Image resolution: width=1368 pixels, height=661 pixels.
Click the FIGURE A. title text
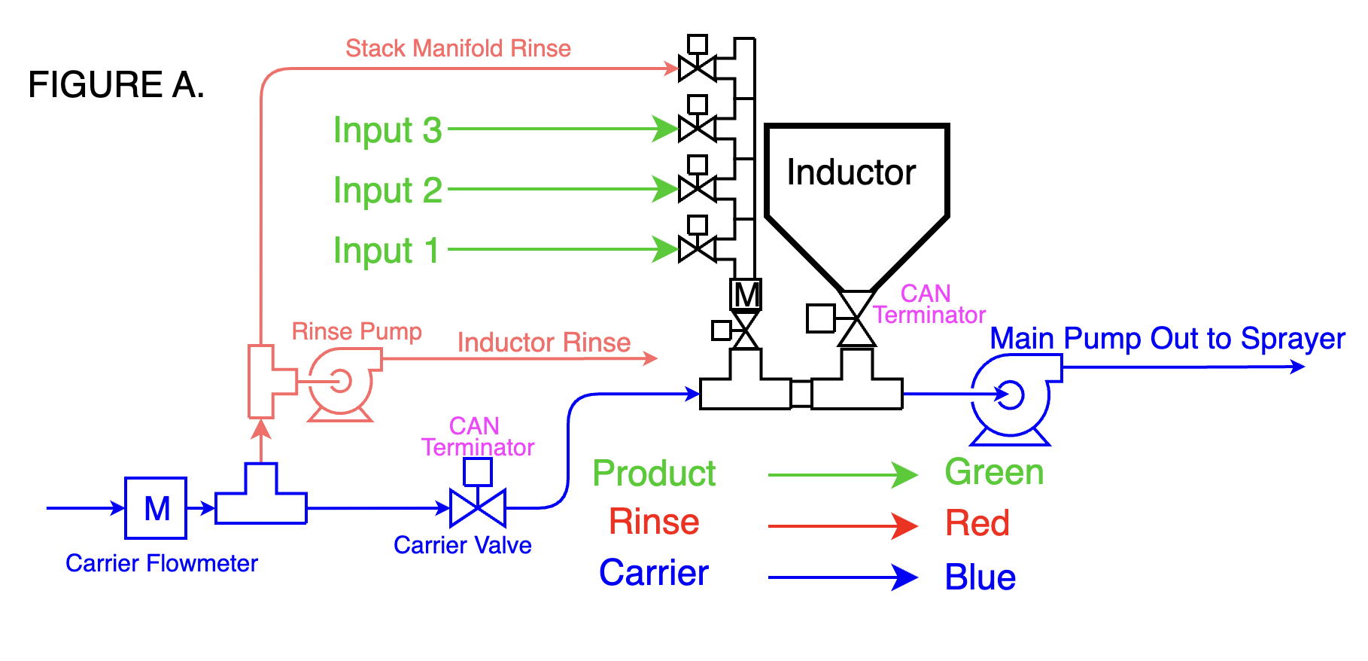(116, 84)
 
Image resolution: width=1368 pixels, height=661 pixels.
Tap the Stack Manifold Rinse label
(458, 48)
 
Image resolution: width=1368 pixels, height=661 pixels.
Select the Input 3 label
(388, 130)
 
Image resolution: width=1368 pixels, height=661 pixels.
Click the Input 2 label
(388, 190)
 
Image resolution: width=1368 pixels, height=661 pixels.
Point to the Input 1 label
(386, 251)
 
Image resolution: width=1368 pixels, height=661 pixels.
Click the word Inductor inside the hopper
(851, 172)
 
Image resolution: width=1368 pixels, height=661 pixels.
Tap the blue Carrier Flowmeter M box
(156, 508)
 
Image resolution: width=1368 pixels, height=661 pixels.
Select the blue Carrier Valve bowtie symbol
(478, 508)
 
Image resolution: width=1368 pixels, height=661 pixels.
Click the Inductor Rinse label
(544, 343)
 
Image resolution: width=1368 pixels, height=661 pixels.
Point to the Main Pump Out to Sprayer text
(1167, 339)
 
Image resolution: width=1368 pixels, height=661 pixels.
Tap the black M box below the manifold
(746, 294)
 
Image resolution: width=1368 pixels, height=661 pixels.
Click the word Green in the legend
(994, 473)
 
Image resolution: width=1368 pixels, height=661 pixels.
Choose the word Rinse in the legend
(654, 522)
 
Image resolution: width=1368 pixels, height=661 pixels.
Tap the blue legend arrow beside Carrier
(843, 577)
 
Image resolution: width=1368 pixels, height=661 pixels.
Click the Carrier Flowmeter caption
(162, 563)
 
